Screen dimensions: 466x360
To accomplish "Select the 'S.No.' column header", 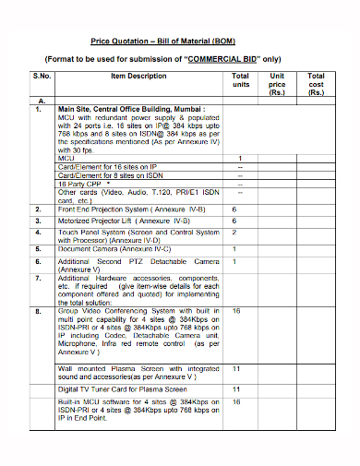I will coord(42,76).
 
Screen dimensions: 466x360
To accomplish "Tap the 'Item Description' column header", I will coord(138,76).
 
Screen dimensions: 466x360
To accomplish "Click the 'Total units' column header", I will coord(240,80).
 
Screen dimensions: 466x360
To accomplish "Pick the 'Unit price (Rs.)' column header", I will coord(276,84).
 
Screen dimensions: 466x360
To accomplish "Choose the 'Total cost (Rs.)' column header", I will coord(316,84).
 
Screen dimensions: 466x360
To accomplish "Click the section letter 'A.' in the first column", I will coord(42,100).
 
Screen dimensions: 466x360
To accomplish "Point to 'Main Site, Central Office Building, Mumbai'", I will coord(132,108).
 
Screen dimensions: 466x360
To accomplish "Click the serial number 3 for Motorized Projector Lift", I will coord(39,221).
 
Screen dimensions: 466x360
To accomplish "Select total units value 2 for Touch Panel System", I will coord(235,233).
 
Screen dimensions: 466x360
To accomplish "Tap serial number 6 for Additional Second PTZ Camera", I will coord(39,261).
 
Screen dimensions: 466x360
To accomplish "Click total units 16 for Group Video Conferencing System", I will coord(236,311).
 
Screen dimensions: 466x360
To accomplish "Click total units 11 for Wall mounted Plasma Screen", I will coord(236,368).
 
